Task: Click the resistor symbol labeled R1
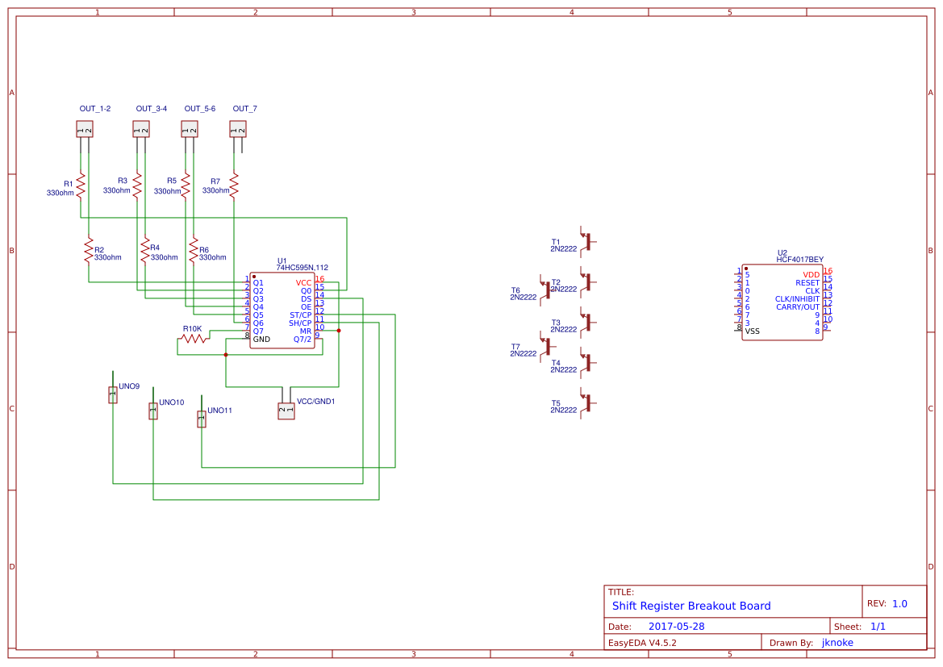click(81, 185)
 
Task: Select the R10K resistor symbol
click(194, 339)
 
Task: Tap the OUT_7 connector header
click(238, 129)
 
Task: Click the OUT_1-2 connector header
click(85, 129)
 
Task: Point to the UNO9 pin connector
click(113, 394)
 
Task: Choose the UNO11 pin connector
click(202, 419)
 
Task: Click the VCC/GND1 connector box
click(286, 411)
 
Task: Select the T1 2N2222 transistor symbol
click(589, 241)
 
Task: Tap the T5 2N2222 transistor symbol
click(589, 402)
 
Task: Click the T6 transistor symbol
click(548, 290)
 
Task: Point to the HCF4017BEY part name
click(799, 260)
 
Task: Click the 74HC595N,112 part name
click(302, 268)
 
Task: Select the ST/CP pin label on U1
click(300, 315)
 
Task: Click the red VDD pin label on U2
click(811, 275)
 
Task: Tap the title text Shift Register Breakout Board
click(691, 606)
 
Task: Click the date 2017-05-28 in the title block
click(676, 627)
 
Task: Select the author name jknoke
click(837, 643)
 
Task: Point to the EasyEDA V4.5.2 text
click(642, 643)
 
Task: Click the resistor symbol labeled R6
click(194, 249)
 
